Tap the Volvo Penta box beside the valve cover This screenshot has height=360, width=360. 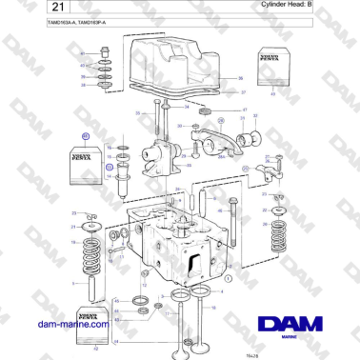tap(272, 76)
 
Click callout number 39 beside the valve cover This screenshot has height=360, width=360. tap(240, 77)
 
